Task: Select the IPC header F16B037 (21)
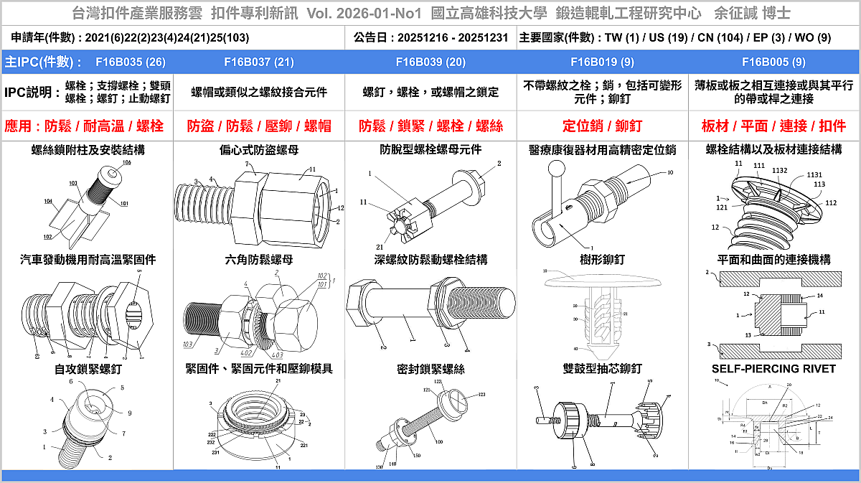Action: click(x=259, y=62)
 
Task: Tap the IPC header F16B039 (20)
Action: click(x=430, y=62)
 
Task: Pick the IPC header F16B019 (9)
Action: click(x=602, y=62)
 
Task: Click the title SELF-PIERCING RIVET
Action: click(x=773, y=369)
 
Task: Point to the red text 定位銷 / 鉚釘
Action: click(x=602, y=126)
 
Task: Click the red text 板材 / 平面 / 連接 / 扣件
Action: click(x=773, y=126)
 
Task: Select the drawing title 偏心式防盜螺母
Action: click(x=259, y=150)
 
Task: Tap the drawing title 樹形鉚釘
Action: click(x=602, y=259)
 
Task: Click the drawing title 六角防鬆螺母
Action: click(x=259, y=259)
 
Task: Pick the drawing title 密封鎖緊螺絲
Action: click(x=430, y=369)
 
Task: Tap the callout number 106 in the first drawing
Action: click(x=126, y=163)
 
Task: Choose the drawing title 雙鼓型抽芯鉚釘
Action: click(x=602, y=369)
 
